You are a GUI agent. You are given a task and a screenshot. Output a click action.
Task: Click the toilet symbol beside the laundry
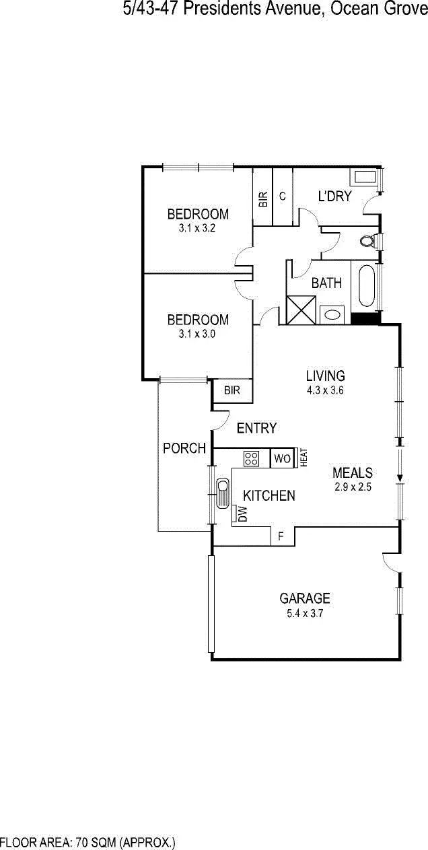[x=367, y=240]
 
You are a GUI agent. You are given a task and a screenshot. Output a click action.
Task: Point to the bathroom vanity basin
[x=332, y=314]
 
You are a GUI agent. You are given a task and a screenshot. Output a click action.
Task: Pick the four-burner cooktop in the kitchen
[x=252, y=459]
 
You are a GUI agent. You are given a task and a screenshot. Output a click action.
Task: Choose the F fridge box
[x=281, y=536]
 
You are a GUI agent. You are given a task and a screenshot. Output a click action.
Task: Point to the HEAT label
[x=304, y=458]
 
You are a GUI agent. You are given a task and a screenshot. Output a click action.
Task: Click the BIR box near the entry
[x=232, y=390]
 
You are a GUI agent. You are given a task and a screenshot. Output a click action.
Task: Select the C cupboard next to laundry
[x=283, y=197]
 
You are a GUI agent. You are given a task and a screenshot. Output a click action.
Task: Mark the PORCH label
[x=184, y=448]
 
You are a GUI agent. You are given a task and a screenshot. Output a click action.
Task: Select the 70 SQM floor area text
[x=87, y=843]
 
